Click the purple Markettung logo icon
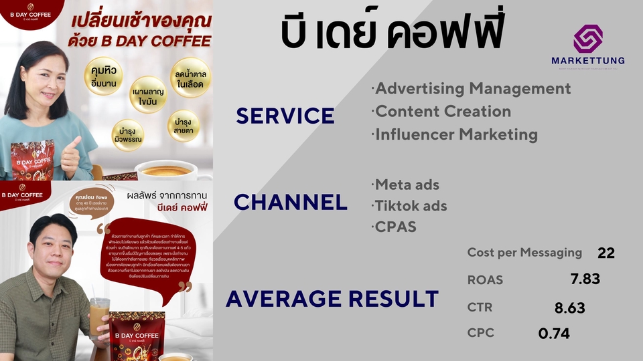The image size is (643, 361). tap(588, 39)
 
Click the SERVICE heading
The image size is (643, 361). tap(285, 116)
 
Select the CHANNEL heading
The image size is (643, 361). tap(291, 202)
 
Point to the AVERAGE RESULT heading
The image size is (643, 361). tap(332, 298)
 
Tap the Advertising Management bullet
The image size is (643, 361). tap(471, 88)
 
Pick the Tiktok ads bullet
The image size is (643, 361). tap(409, 205)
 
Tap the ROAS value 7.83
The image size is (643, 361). tap(585, 279)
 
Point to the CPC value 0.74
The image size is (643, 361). tap(554, 332)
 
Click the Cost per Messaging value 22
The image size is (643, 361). tap(605, 253)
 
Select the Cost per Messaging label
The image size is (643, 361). tap(524, 253)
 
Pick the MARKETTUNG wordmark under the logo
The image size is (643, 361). tap(588, 60)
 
